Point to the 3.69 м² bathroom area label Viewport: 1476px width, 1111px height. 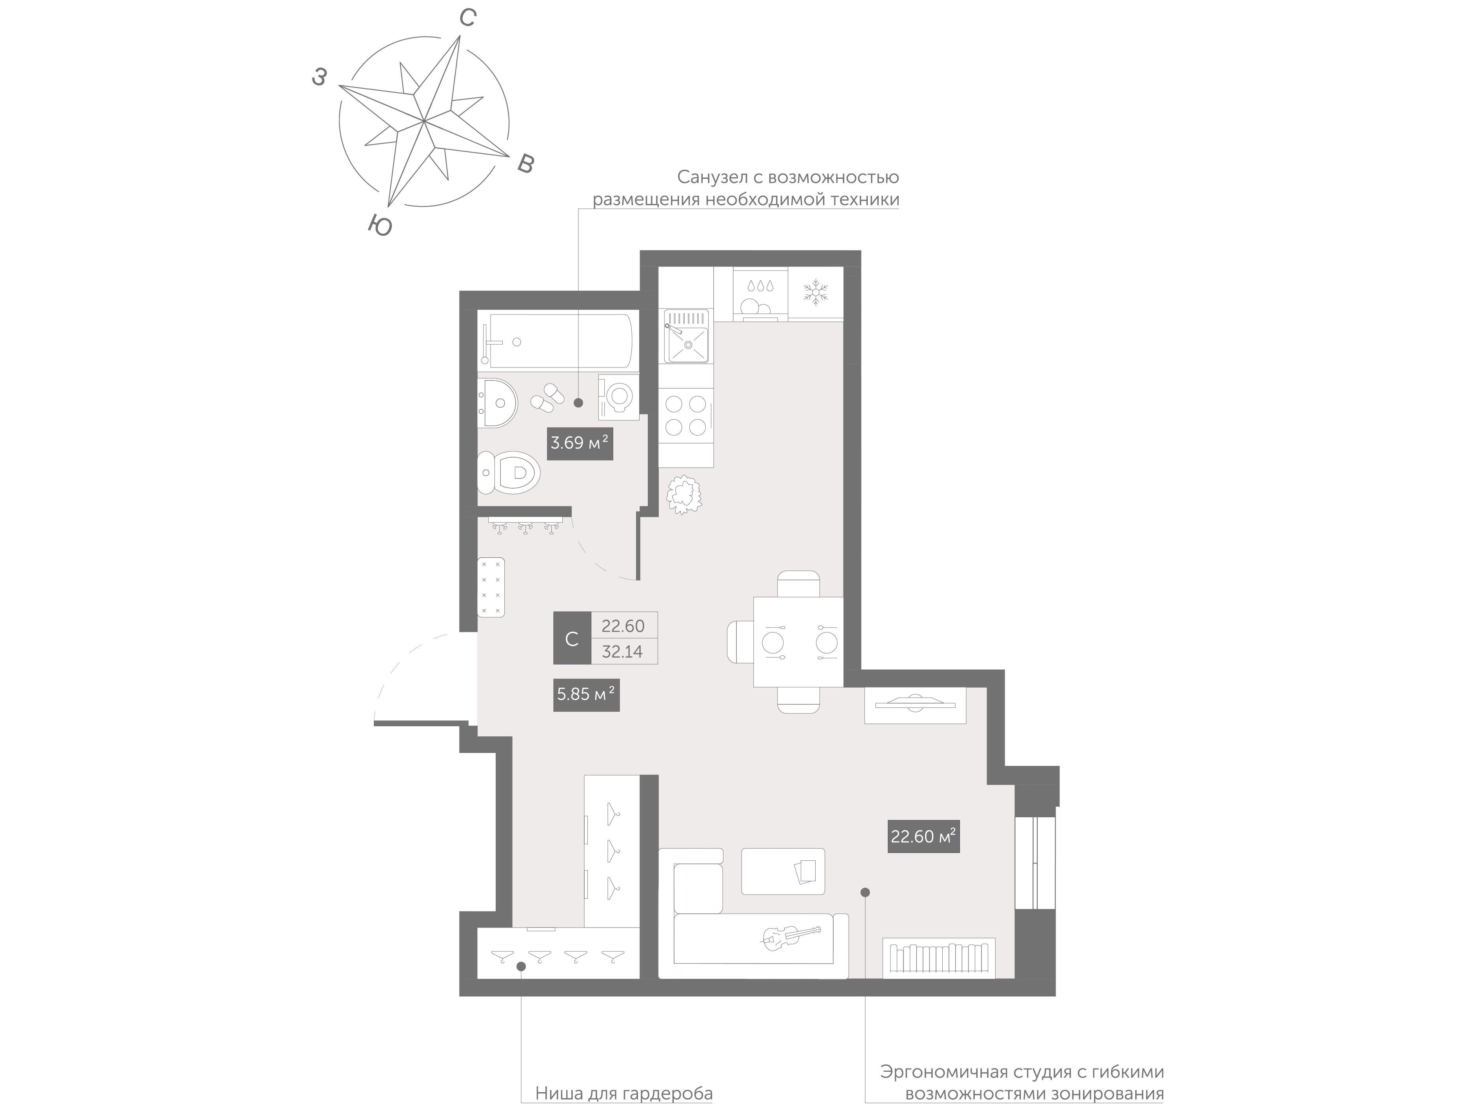pyautogui.click(x=580, y=442)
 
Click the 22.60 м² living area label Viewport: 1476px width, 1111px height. pyautogui.click(x=923, y=836)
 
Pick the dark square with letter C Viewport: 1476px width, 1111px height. pyautogui.click(x=572, y=638)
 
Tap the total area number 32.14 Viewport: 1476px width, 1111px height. pyautogui.click(x=623, y=652)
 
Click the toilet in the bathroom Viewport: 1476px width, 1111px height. pyautogui.click(x=509, y=473)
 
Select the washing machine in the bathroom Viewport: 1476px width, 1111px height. pyautogui.click(x=618, y=396)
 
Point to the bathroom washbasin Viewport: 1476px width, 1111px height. pyautogui.click(x=497, y=403)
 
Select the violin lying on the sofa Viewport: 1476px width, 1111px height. pyautogui.click(x=791, y=938)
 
